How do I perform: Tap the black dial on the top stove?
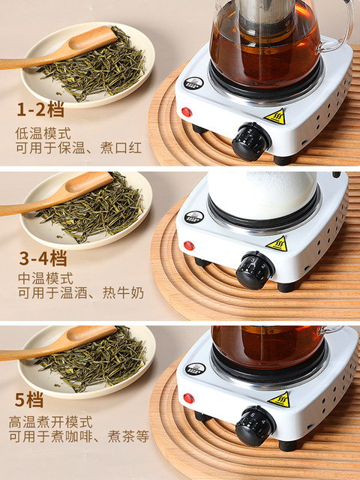click(x=250, y=140)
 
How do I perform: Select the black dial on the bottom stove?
click(x=254, y=425)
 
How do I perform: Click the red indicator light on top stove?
click(x=187, y=112)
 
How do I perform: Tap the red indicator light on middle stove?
click(x=189, y=245)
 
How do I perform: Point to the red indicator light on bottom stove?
click(x=189, y=397)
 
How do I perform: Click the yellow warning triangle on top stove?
click(x=276, y=116)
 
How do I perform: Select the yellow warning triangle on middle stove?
click(x=277, y=244)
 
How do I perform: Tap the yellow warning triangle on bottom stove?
click(x=279, y=399)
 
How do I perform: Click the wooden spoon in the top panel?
click(x=60, y=49)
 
